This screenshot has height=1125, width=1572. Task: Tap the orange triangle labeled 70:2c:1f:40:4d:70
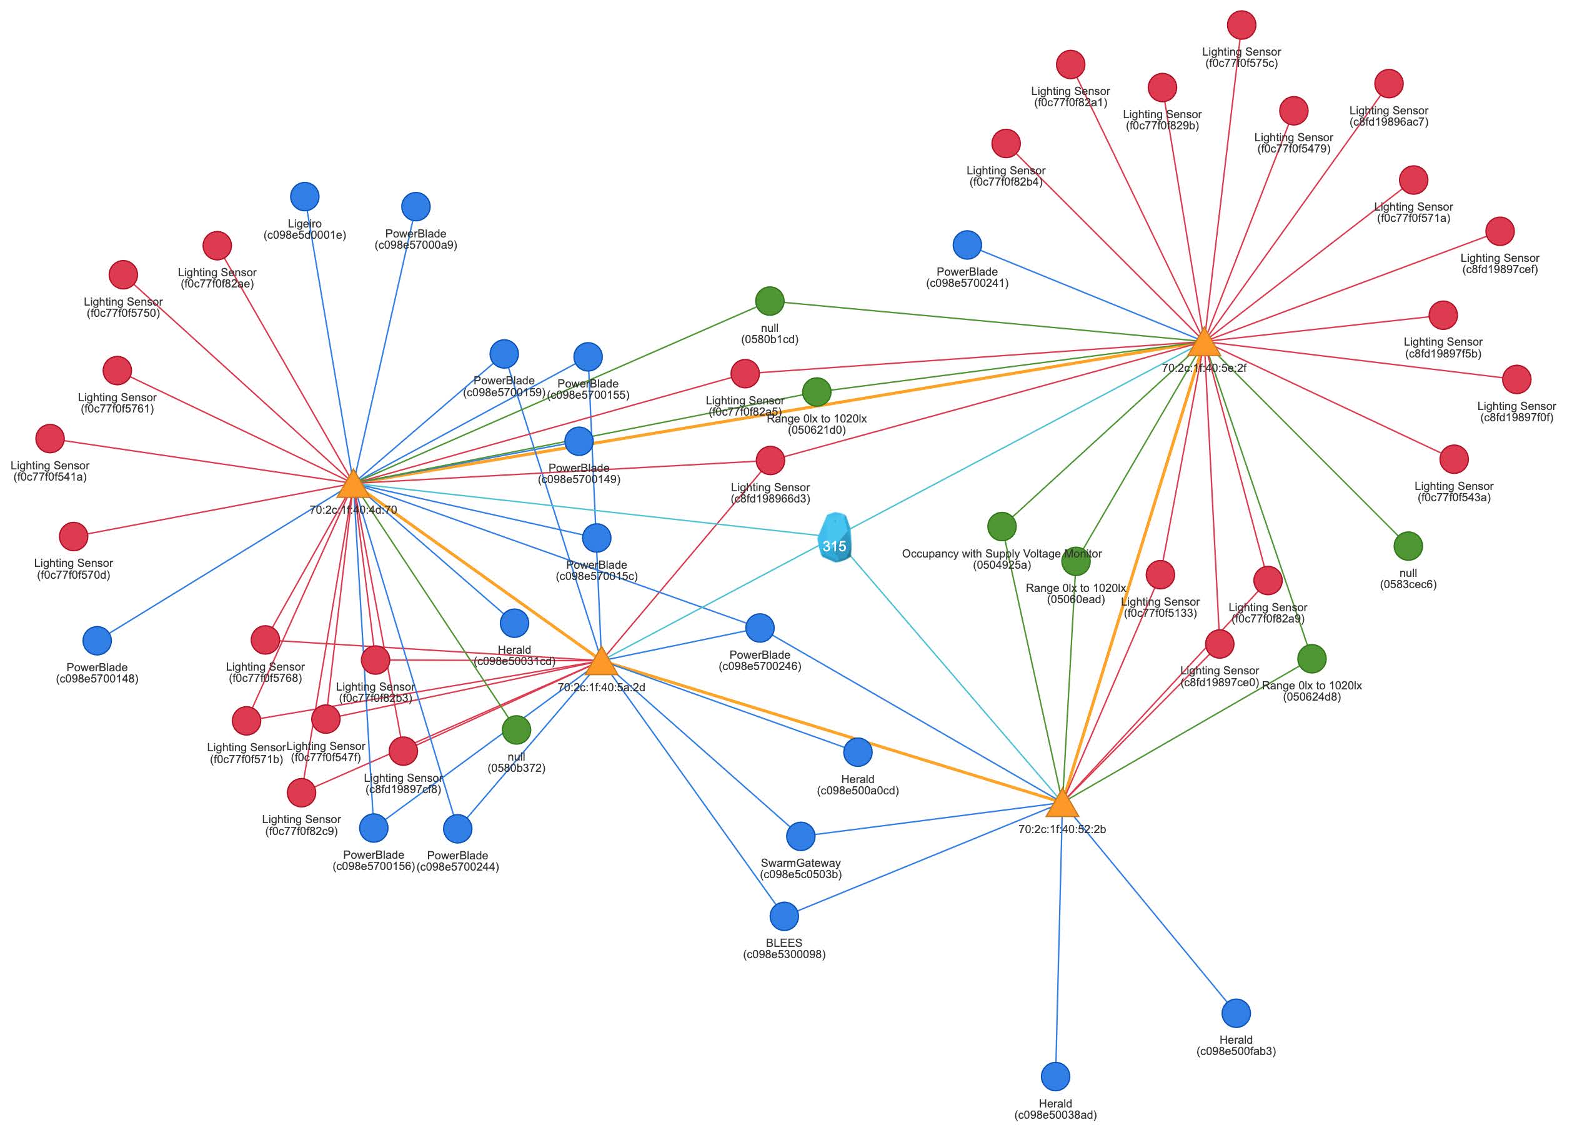353,485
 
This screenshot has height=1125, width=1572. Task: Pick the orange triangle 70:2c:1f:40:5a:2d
601,662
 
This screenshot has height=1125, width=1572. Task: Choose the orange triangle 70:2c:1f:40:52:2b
1062,804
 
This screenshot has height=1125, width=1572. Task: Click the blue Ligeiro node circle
305,197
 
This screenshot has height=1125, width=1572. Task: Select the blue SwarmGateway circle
800,837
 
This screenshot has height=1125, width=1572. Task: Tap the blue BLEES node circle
784,916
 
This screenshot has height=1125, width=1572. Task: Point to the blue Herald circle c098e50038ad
1055,1076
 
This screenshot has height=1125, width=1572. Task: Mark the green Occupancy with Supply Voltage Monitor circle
1002,526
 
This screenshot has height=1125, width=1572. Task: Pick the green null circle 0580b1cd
769,301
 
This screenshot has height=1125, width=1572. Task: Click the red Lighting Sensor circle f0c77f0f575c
1241,25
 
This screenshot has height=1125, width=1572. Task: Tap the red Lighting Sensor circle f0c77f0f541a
50,439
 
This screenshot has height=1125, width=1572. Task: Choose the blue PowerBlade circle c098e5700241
967,244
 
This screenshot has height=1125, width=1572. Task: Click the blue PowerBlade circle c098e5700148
97,641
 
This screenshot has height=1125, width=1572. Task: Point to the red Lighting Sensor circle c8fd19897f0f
1516,379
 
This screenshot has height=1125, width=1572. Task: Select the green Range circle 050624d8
1311,659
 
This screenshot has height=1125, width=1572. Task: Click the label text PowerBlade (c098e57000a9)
415,239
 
